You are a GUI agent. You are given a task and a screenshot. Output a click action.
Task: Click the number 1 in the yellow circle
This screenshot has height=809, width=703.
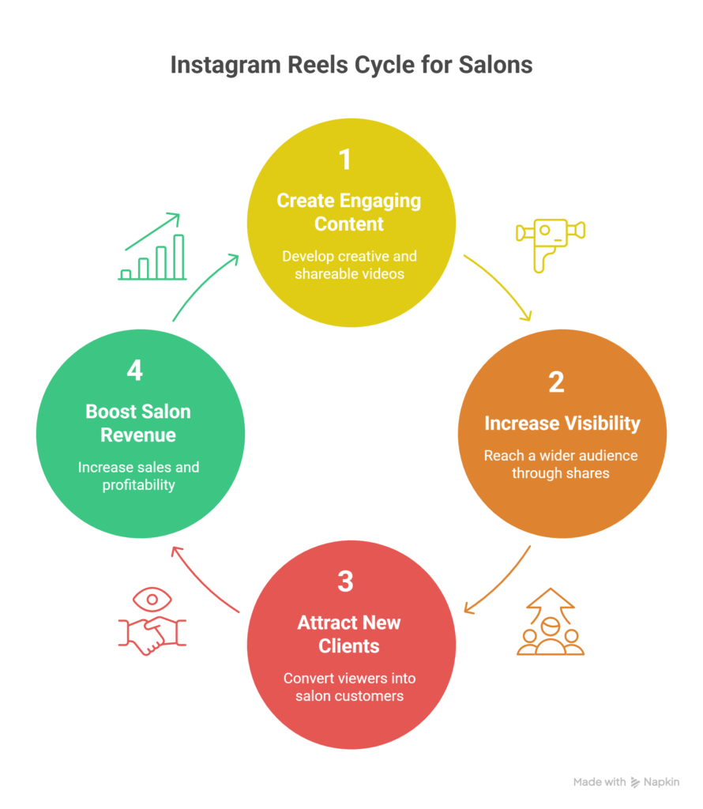(344, 160)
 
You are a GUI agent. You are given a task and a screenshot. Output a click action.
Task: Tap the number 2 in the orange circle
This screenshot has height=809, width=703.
(556, 382)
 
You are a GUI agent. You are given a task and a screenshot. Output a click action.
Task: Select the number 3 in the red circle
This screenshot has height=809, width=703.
(345, 581)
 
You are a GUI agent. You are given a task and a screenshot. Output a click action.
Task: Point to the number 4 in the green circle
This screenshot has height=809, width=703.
(135, 371)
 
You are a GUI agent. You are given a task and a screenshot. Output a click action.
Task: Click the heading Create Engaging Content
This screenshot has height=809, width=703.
(349, 212)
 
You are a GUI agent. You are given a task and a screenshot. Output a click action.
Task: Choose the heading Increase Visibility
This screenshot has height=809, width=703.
(562, 423)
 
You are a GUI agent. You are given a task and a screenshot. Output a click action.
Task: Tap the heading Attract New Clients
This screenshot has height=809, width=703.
(349, 634)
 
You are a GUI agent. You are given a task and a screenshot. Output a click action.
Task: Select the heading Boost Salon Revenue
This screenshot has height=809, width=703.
(138, 423)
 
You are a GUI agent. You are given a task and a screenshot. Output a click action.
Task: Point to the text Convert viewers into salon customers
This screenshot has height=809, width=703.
(349, 687)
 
